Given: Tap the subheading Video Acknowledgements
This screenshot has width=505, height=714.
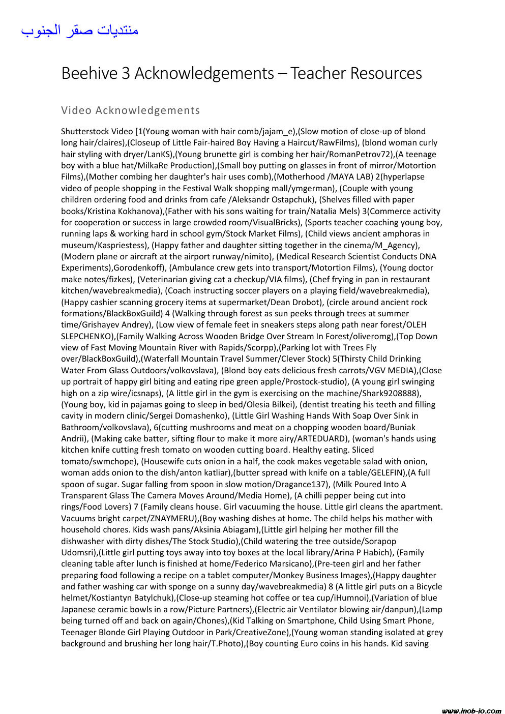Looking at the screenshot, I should point(130,110).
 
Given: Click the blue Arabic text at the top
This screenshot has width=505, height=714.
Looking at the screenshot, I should point(80,31).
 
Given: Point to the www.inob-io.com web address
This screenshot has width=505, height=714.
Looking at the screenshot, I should point(471,710).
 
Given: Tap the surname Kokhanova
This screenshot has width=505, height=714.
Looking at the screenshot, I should point(140,211).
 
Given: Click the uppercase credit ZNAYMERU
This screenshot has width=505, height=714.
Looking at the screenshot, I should point(173,518).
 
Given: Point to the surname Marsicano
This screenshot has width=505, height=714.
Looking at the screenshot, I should point(288,563).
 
